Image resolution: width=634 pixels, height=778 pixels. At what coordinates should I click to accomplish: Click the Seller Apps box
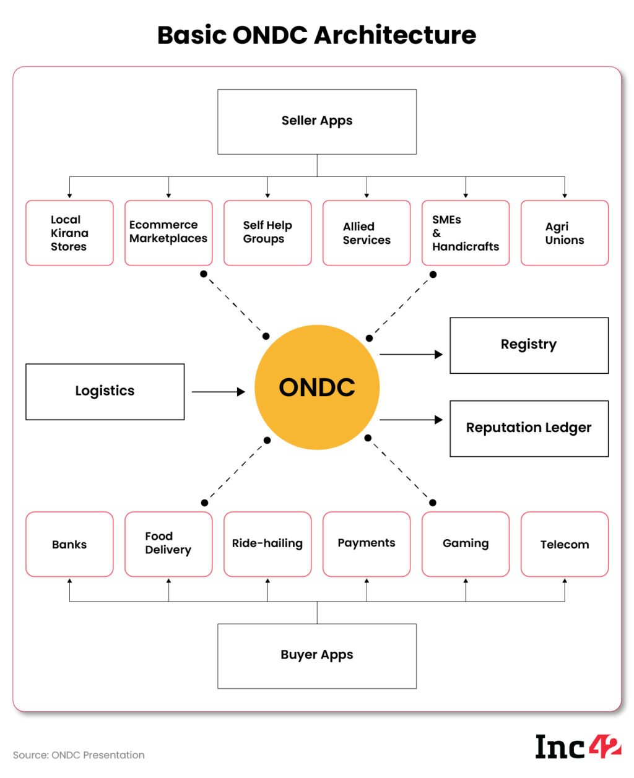click(x=317, y=121)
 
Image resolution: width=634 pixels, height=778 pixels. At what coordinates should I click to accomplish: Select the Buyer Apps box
click(x=317, y=655)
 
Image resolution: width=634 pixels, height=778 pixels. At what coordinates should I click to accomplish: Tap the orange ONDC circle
click(x=317, y=387)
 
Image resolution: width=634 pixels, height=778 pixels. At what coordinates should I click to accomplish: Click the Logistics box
click(x=105, y=391)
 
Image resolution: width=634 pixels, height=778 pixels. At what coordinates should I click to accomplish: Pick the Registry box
click(x=529, y=345)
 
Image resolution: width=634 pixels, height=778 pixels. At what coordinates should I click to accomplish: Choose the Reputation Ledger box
click(x=529, y=428)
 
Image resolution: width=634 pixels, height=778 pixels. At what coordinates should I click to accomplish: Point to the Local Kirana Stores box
click(x=69, y=233)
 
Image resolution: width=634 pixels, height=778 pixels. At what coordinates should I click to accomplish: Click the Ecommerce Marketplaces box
click(x=168, y=233)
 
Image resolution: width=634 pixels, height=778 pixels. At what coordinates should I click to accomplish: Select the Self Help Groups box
click(x=267, y=233)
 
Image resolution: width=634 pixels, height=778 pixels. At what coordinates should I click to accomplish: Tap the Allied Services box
click(x=367, y=233)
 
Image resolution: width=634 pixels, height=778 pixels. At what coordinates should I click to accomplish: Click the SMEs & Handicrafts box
click(x=466, y=233)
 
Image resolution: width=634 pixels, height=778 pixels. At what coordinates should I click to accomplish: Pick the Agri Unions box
click(x=565, y=233)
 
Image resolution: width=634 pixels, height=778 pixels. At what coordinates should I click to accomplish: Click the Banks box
click(x=69, y=544)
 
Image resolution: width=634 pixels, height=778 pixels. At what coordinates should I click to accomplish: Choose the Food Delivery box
click(x=168, y=544)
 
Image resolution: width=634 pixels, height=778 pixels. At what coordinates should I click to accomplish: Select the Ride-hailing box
click(x=267, y=544)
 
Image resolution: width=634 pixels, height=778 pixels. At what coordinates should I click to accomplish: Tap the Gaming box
click(x=466, y=544)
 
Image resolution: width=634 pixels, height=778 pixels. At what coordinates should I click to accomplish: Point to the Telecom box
click(x=565, y=544)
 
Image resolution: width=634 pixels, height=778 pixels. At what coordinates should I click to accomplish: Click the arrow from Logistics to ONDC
click(x=219, y=392)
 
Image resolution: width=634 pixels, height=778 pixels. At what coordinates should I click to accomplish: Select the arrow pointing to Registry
click(x=411, y=355)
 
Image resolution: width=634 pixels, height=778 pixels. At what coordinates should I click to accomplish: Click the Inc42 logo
click(x=578, y=747)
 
